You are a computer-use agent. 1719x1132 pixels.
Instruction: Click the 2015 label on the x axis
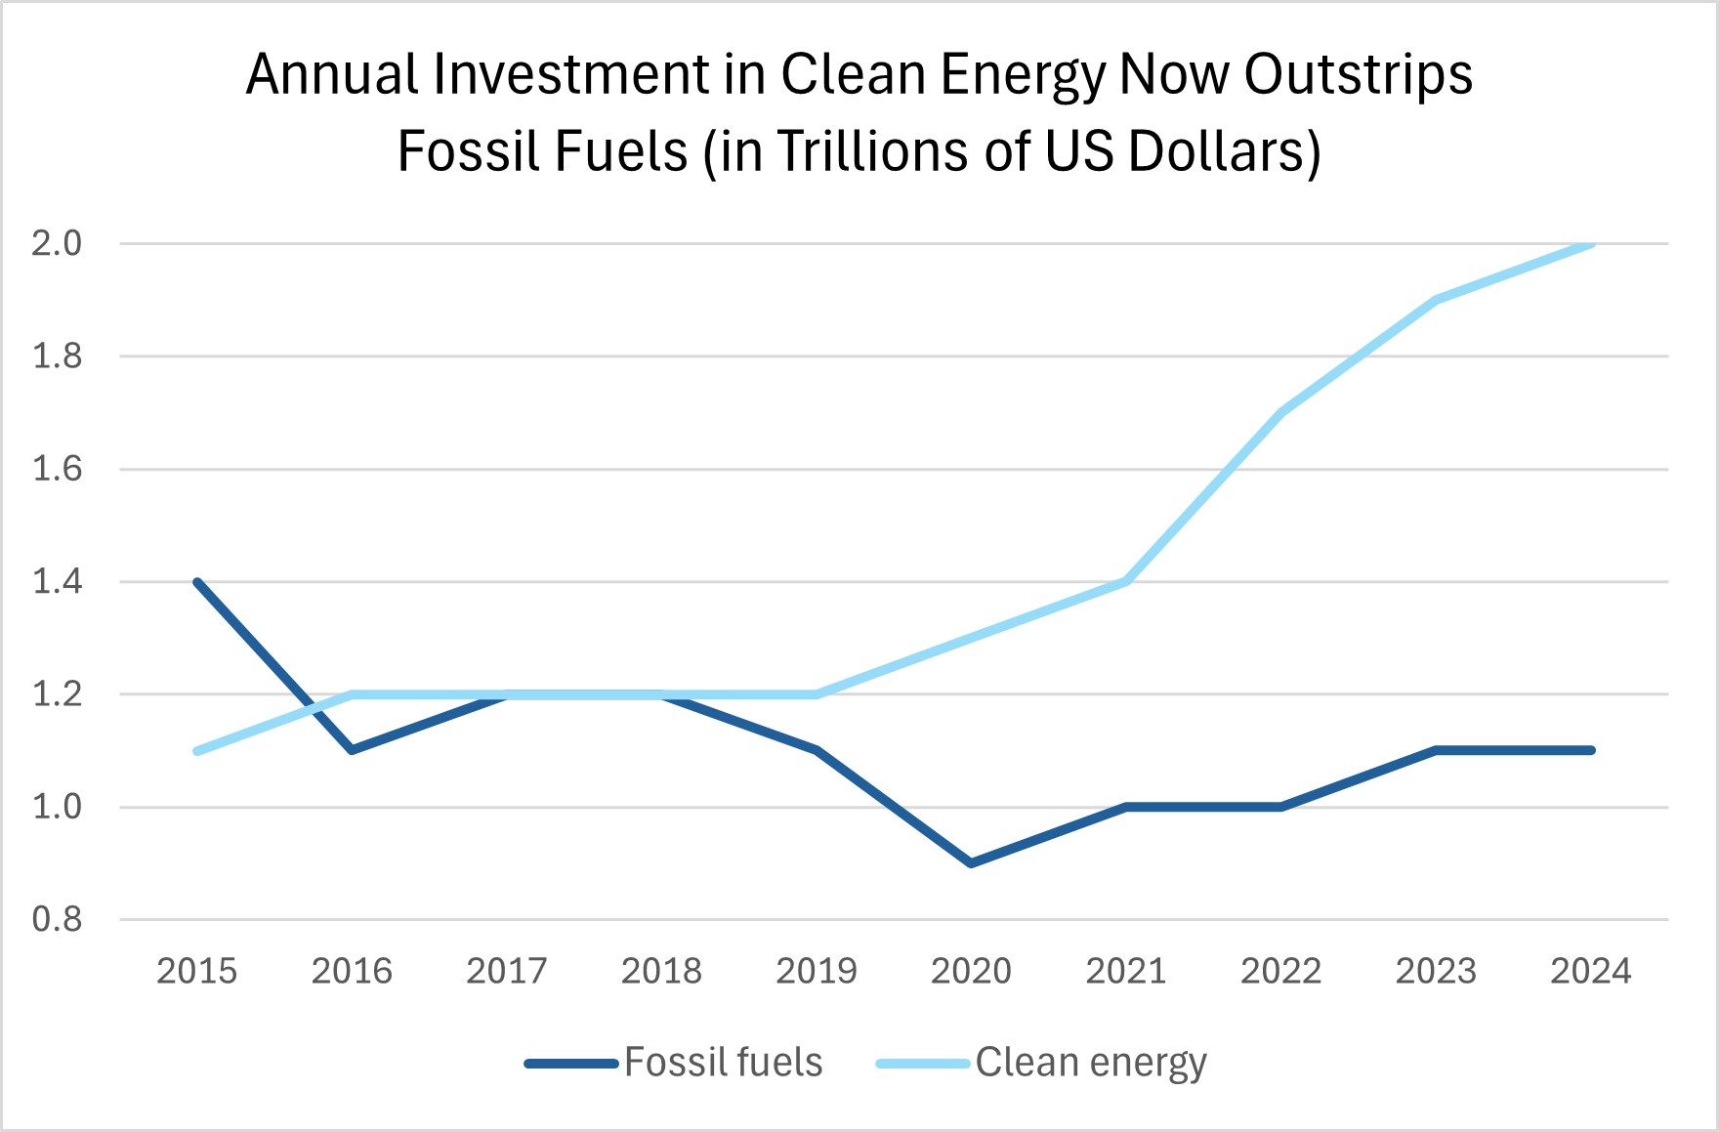pos(196,971)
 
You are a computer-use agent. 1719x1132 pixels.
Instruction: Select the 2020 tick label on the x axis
pos(971,971)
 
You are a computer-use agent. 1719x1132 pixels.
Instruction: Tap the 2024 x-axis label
pos(1591,971)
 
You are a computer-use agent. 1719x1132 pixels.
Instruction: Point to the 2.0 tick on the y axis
pos(57,243)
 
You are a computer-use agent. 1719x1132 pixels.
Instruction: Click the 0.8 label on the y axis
pos(57,919)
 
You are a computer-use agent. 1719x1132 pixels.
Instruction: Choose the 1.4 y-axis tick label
pos(57,582)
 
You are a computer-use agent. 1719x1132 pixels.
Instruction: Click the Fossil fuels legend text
pos(723,1063)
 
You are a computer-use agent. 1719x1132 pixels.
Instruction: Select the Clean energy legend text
pos(1091,1063)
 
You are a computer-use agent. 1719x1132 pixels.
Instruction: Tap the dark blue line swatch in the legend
pos(571,1064)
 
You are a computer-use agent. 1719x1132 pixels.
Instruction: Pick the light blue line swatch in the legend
pos(923,1064)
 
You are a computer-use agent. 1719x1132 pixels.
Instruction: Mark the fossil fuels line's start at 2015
pos(197,582)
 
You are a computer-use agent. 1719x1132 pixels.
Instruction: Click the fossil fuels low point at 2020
pos(971,863)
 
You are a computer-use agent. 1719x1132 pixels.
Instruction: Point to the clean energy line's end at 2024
pos(1591,243)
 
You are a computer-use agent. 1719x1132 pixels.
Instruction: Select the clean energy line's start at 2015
pos(197,751)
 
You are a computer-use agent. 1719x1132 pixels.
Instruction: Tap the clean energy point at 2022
pos(1280,412)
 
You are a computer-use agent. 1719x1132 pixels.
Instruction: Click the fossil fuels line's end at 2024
pos(1591,750)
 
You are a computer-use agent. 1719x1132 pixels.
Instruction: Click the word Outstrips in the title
pos(1358,75)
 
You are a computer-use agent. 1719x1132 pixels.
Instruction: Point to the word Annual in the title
pos(331,75)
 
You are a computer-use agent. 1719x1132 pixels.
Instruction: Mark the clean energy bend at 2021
pos(1126,582)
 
